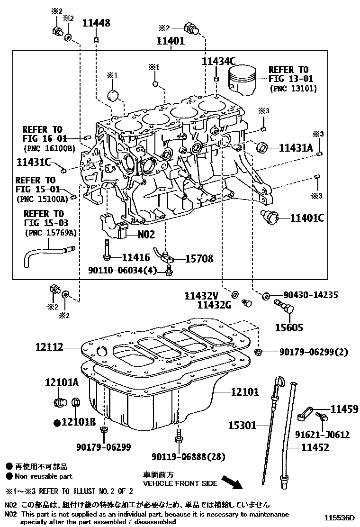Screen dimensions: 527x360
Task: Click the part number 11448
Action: coord(97,22)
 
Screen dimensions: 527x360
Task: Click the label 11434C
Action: coord(218,61)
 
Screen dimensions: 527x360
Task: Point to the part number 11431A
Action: coord(296,148)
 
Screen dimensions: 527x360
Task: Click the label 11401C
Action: coord(307,218)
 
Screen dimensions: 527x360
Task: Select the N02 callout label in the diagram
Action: coord(146,234)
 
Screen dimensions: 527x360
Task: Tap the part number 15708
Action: coord(198,259)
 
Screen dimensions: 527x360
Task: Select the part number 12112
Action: coord(49,347)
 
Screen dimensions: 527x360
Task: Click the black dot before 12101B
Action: coord(57,422)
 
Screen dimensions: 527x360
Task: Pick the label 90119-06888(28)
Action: coord(181,456)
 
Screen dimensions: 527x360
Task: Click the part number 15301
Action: coord(243,426)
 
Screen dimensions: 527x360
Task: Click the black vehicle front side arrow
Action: coord(232,482)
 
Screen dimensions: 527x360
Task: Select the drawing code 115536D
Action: coord(340,517)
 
